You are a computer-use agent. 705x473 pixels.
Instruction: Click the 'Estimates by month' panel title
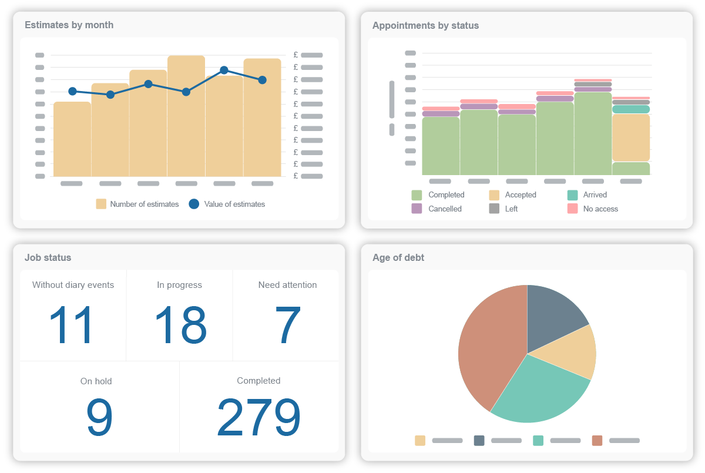[69, 25]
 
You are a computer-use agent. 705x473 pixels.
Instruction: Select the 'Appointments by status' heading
[425, 26]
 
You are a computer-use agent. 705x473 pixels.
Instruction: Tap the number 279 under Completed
[258, 418]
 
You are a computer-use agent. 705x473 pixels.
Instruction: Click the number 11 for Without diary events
[71, 325]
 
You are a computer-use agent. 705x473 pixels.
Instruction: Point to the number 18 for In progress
[180, 325]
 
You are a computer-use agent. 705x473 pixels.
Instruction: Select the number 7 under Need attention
[287, 325]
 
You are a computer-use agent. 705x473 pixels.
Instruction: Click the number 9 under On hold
[99, 418]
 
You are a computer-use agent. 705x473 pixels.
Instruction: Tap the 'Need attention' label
[287, 285]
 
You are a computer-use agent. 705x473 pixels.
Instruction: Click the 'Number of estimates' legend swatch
[101, 204]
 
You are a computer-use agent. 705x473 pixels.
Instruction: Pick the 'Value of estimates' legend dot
[194, 204]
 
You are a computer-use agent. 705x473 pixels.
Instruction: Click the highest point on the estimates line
[224, 70]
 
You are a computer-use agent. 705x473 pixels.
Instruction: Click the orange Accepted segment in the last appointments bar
[631, 137]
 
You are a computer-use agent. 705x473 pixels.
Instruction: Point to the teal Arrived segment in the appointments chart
[631, 109]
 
